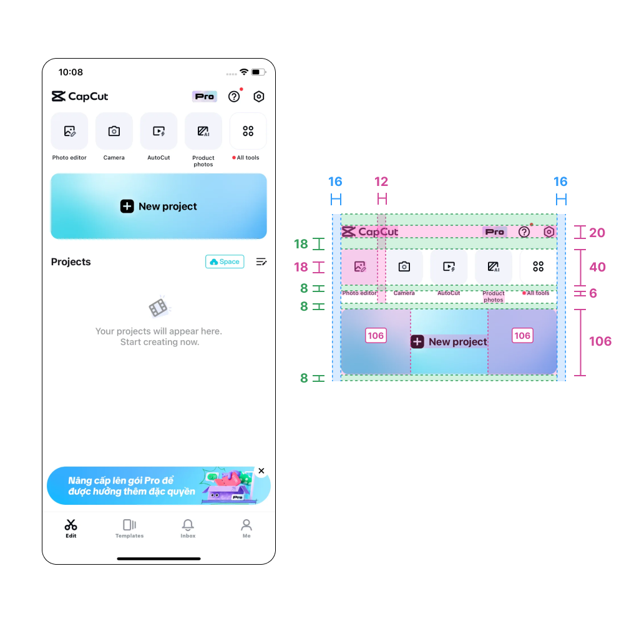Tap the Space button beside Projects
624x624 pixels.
point(225,262)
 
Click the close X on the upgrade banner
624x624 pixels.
point(261,471)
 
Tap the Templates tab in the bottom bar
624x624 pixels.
point(129,529)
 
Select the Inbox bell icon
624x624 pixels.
point(188,525)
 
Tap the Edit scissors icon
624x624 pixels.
point(71,525)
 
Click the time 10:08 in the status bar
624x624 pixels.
point(71,72)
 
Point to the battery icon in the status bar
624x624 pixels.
point(257,72)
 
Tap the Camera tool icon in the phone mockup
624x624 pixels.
point(114,131)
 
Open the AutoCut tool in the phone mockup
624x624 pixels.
point(158,131)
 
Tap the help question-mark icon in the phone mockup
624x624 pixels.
point(234,97)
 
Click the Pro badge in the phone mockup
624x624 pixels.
point(204,97)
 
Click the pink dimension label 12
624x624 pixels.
point(381,182)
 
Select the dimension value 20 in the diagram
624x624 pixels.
point(597,233)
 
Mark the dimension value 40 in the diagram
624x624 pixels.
point(597,267)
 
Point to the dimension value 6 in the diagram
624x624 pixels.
point(593,293)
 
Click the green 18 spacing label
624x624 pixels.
point(301,244)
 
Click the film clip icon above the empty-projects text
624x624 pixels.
point(158,306)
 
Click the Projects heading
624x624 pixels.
point(71,262)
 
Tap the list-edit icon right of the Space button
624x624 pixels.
point(261,262)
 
